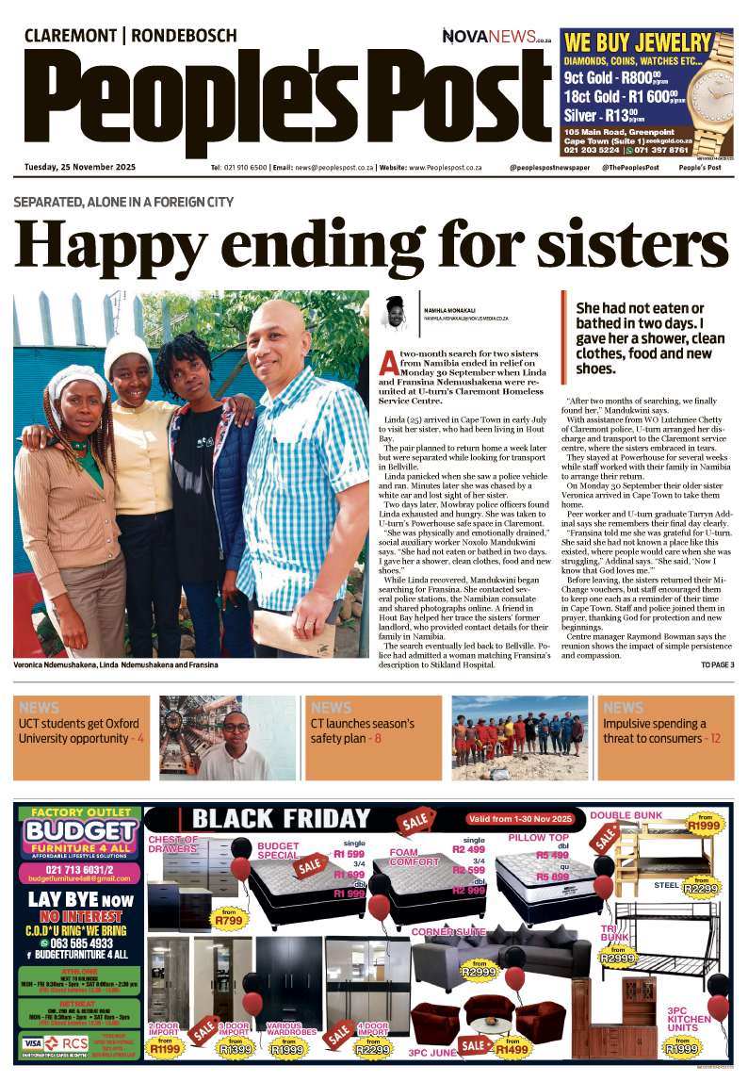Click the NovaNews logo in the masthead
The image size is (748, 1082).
tap(496, 37)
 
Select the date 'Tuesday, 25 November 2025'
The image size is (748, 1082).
tap(80, 167)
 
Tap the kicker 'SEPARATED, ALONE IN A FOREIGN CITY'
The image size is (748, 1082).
tap(123, 202)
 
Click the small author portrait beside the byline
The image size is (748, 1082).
tap(395, 312)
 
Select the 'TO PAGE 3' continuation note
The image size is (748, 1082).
tap(717, 665)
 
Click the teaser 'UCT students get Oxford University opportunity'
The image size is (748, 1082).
tap(81, 730)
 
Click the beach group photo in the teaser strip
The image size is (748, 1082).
tap(520, 738)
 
